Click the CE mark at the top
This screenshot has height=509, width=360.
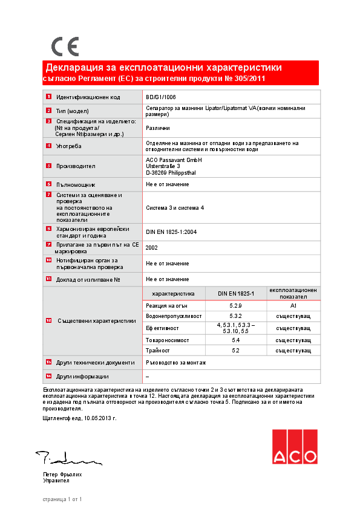65,46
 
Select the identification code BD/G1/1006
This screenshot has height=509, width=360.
161,97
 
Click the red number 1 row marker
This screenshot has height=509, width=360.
48,97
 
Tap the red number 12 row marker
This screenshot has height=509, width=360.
48,321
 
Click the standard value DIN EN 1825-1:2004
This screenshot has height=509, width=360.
171,232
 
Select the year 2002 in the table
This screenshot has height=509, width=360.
152,247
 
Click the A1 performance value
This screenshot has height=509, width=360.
293,306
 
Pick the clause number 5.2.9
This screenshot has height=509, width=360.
236,306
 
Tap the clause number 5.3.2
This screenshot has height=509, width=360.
236,316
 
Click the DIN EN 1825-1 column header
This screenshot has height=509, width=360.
236,294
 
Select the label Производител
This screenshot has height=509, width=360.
76,166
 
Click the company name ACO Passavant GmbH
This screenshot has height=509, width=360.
174,160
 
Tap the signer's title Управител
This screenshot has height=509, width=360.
56,481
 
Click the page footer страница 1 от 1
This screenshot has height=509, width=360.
62,499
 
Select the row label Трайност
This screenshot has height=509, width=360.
158,351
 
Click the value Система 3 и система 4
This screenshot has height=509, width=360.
175,207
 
